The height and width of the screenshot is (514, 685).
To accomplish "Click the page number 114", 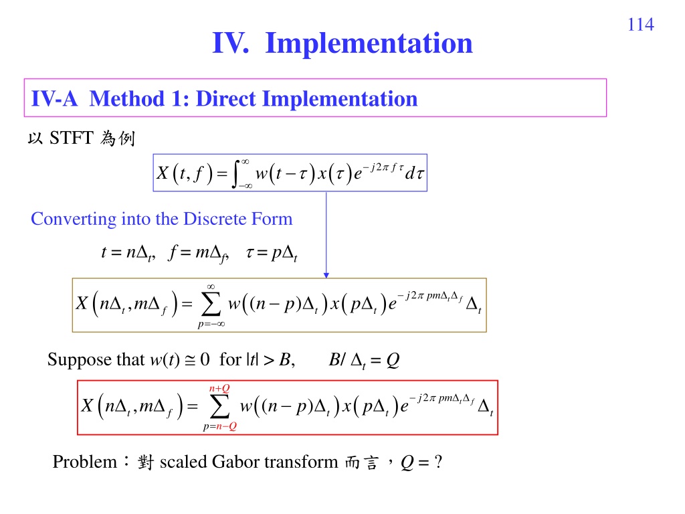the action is coord(640,25).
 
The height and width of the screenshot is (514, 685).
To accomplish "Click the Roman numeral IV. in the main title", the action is coord(231,43).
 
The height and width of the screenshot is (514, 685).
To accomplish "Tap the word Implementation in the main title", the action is coord(369,44).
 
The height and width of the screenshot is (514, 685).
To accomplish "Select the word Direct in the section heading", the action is coord(225,99).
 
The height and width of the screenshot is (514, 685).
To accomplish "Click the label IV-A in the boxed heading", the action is coord(54,99).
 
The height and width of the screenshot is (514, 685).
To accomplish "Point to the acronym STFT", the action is coord(71,138).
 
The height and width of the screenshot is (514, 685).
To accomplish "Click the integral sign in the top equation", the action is coord(236,173).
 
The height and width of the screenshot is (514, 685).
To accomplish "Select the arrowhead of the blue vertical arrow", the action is coord(326,275).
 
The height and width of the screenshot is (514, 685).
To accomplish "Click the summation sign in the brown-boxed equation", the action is coord(211,305).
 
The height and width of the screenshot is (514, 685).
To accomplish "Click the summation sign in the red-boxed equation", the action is coord(219,406).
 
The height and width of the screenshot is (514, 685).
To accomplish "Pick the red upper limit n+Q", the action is coord(219,389).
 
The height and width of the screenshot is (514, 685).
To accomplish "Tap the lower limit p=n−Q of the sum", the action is coord(219,426).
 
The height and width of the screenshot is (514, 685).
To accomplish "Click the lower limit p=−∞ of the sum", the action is coord(211,324).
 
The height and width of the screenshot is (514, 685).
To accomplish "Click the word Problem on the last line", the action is coord(85,462).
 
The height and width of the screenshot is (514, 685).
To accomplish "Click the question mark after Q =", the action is coord(439,462).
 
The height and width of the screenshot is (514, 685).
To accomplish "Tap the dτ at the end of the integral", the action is coord(414,173).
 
